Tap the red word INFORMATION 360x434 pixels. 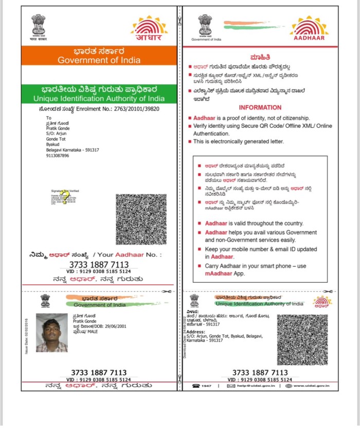260,108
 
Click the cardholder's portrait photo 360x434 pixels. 51,333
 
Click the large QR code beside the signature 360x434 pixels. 141,219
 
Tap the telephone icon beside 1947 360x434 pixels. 195,386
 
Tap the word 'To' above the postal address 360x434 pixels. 49,118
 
